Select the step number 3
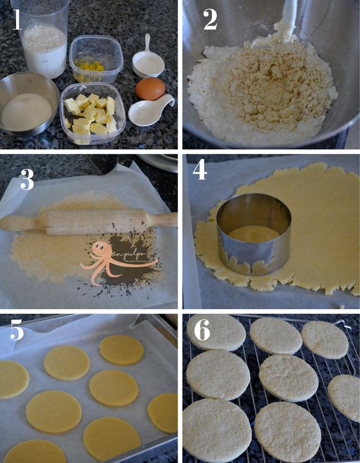pos(26,179)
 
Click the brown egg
pos(149,89)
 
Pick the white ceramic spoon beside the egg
pos(150,111)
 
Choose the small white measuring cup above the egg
pos(148,59)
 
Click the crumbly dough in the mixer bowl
pos(258,90)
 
